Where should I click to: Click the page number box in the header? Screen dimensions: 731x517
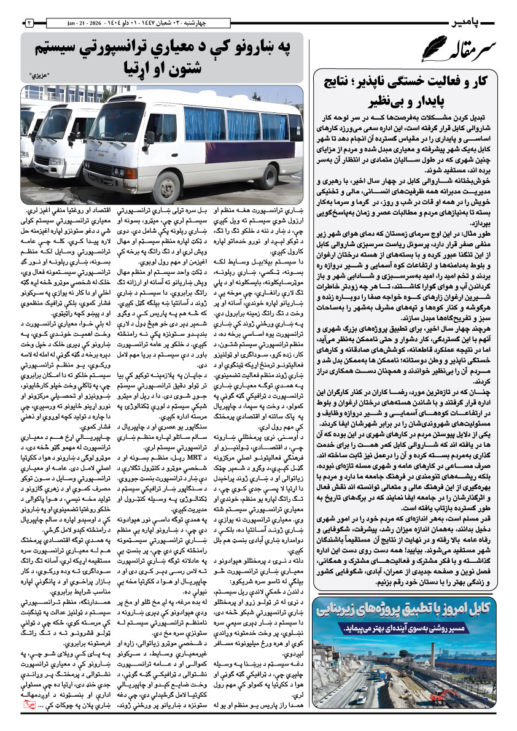click(29, 23)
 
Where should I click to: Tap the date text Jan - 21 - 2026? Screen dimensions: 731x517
click(80, 23)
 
